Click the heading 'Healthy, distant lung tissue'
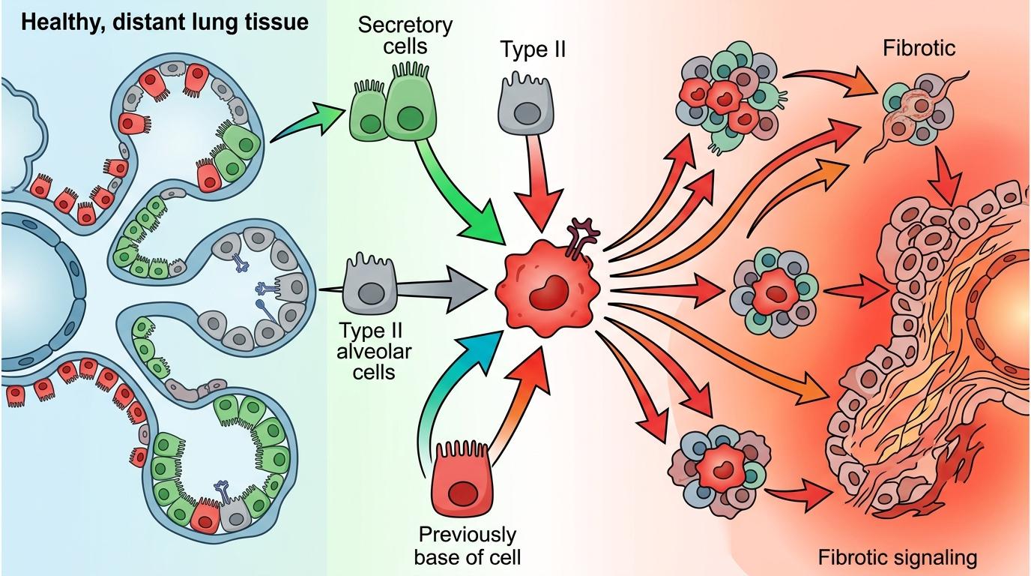pos(165,22)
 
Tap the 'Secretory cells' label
pos(405,35)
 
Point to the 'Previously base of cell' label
pos(468,546)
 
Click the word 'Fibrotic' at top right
pos(919,49)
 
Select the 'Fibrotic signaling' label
pos(898,557)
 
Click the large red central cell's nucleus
pos(552,291)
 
